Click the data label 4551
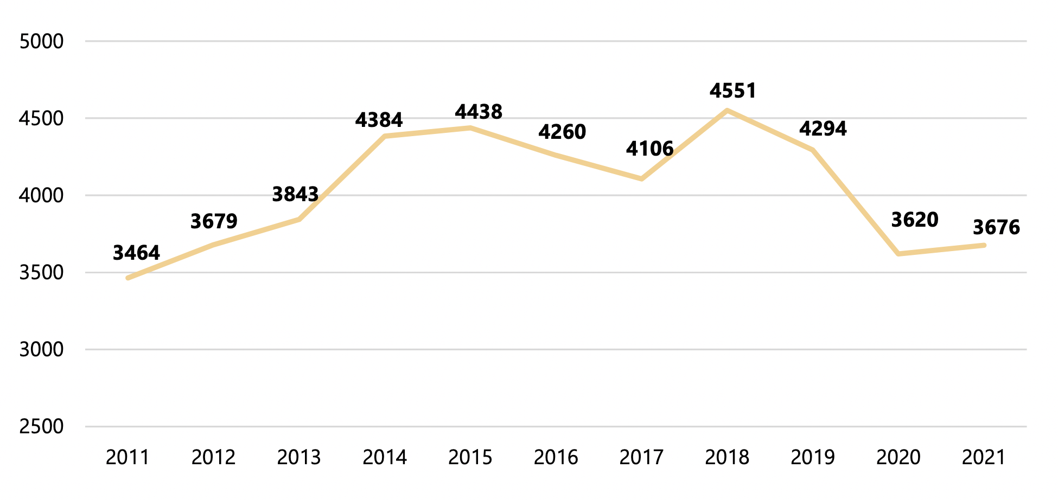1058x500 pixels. coord(732,91)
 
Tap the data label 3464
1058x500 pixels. coord(136,253)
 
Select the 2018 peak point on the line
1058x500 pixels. coord(727,111)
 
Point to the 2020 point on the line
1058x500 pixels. coord(898,254)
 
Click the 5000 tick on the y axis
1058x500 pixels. coord(41,42)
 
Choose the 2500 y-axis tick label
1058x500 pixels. coord(41,427)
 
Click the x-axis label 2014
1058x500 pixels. coord(385,458)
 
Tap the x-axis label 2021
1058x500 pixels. coord(984,458)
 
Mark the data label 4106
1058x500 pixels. coord(649,149)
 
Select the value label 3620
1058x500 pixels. coord(915,220)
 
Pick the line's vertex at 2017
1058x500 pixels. coord(641,178)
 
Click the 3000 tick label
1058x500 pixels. coord(41,350)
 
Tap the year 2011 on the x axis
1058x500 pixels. coord(128,458)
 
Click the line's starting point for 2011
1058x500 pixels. coord(128,278)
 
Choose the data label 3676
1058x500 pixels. coord(996,228)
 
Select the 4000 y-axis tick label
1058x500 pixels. coord(41,196)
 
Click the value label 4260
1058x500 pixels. coord(562,132)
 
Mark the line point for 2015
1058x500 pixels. coord(470,128)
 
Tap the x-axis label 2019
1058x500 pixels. coord(812,458)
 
